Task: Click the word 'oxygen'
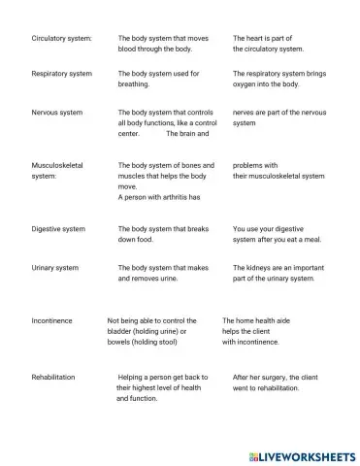point(246,84)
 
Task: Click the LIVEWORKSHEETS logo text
point(303,454)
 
